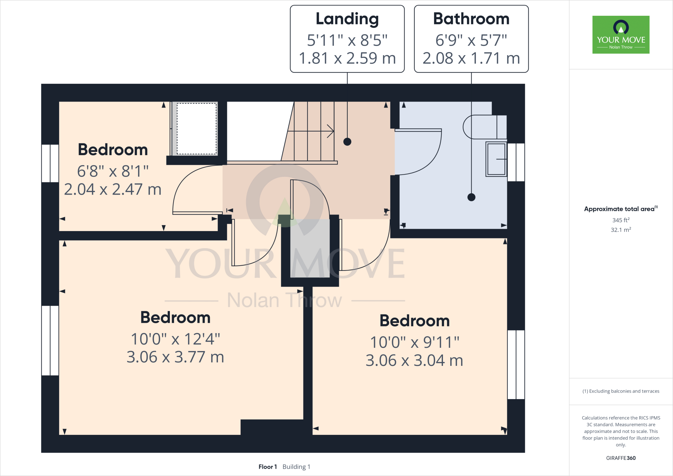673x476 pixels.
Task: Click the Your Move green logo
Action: click(621, 35)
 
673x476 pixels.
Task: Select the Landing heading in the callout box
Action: click(347, 19)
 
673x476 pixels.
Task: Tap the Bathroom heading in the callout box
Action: click(471, 19)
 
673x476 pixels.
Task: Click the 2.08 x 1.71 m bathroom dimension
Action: click(471, 59)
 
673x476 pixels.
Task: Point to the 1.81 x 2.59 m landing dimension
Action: click(347, 59)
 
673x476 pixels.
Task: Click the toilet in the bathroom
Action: click(484, 127)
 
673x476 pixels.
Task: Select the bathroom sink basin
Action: click(496, 159)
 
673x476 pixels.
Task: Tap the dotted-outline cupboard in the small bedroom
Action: click(197, 129)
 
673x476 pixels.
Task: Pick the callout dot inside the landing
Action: click(347, 142)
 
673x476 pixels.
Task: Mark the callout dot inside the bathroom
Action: click(471, 197)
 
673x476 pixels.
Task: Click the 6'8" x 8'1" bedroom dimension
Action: click(113, 171)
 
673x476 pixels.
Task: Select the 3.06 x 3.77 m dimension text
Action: click(175, 357)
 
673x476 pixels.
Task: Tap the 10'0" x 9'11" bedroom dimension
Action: click(414, 343)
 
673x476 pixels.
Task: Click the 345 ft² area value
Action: click(620, 220)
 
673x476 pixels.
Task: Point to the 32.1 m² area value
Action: click(620, 230)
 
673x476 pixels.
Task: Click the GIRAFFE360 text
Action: click(620, 458)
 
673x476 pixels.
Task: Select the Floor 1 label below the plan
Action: click(267, 467)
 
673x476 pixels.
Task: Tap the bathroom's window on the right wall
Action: click(516, 162)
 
